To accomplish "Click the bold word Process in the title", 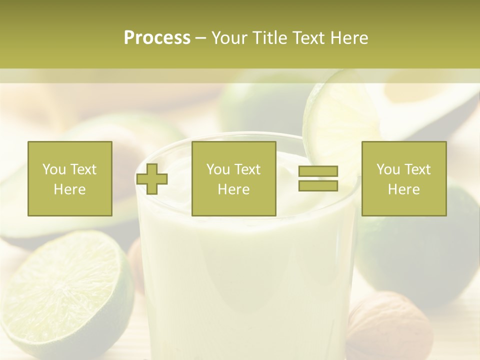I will [x=157, y=38].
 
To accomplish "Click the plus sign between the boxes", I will [x=152, y=179].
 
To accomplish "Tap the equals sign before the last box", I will [x=318, y=178].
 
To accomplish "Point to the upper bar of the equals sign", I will [x=318, y=171].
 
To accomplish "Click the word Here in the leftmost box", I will [x=70, y=189].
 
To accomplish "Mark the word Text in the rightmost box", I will [x=417, y=169].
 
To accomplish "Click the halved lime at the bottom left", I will [x=65, y=295].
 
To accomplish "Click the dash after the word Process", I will [x=200, y=38].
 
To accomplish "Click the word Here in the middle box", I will [x=234, y=189].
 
